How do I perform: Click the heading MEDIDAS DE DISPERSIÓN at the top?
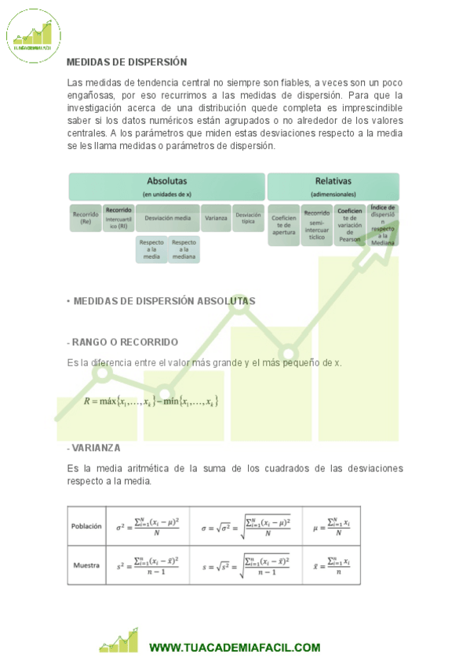tap(126, 62)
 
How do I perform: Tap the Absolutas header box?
tap(166, 187)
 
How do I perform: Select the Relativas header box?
tap(333, 187)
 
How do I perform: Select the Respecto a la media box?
tap(151, 249)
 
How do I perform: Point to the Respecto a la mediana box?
tap(184, 249)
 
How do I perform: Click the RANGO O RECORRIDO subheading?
tap(122, 342)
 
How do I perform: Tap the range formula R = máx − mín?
tap(151, 402)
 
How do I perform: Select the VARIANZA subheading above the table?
tap(94, 448)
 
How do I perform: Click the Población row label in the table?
tap(86, 526)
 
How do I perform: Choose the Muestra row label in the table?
tap(86, 565)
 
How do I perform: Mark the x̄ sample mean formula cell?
tap(331, 565)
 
